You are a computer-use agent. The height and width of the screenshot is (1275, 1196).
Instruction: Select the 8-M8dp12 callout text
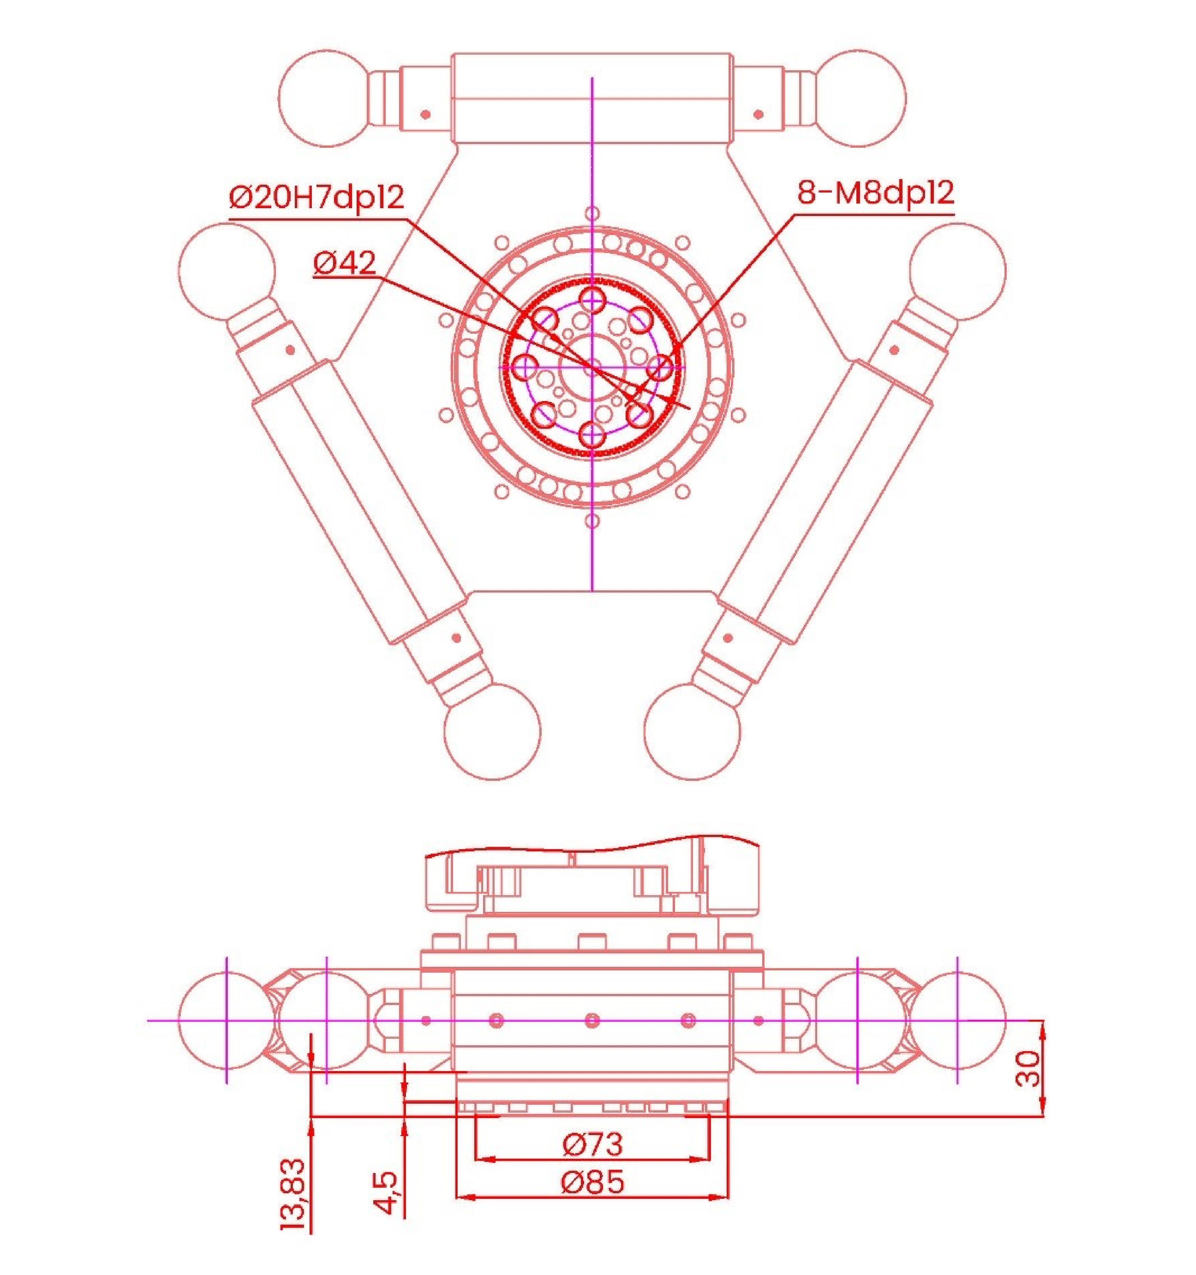875,192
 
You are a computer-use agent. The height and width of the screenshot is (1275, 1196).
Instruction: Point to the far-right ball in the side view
957,1020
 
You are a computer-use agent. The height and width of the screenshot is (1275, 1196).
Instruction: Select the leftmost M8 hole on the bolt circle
526,367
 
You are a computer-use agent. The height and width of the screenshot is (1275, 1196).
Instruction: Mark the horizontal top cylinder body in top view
592,98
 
